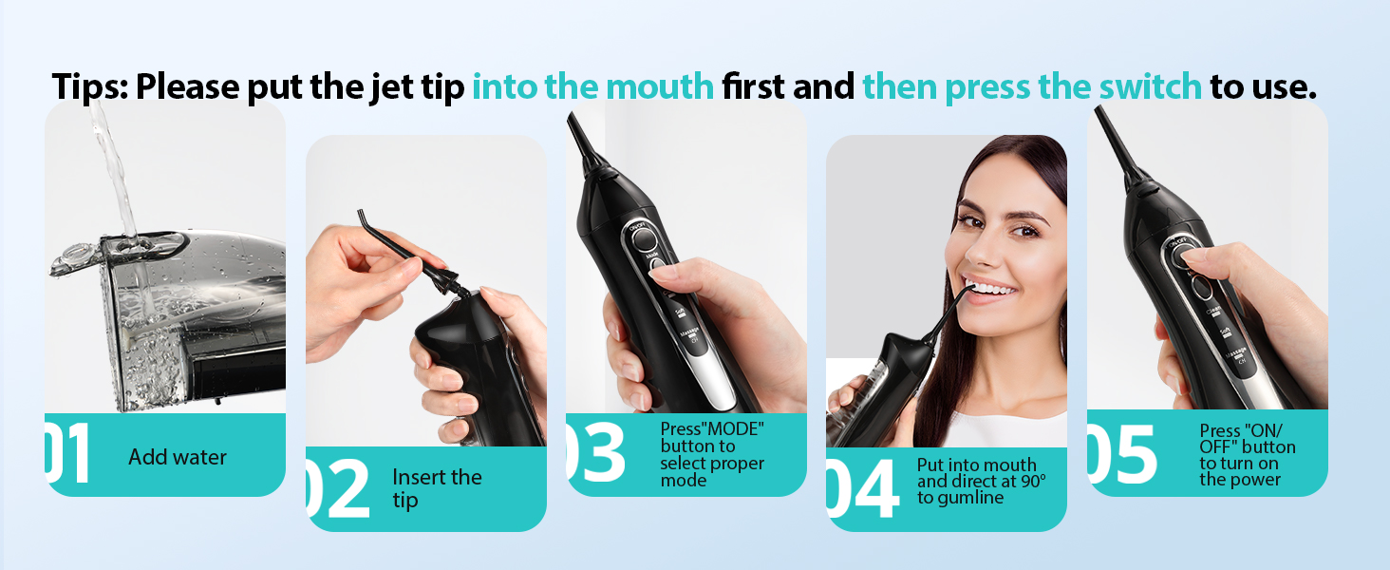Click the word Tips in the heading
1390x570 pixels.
tap(90, 86)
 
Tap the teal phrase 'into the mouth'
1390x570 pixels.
tap(592, 86)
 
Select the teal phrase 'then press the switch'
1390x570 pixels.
tap(1032, 86)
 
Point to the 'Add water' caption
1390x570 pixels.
tap(178, 457)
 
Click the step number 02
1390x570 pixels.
tap(337, 489)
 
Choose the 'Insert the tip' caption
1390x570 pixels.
tap(437, 488)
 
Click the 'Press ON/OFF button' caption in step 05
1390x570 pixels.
tap(1247, 455)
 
